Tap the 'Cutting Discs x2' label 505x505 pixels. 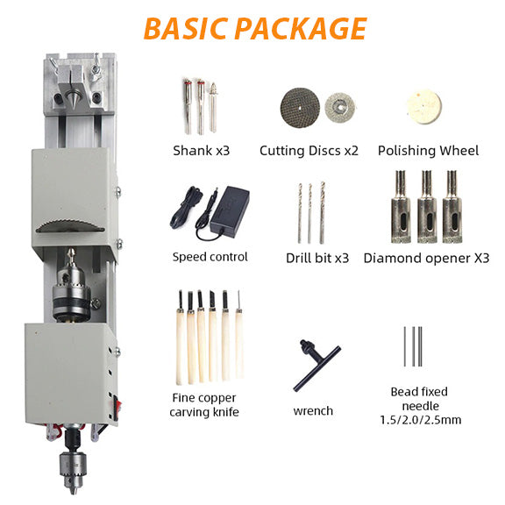click(309, 150)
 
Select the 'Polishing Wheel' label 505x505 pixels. click(428, 150)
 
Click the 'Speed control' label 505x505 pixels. click(210, 257)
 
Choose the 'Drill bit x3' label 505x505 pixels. click(317, 258)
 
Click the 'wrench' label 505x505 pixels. click(314, 410)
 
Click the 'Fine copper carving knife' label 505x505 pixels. click(204, 405)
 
